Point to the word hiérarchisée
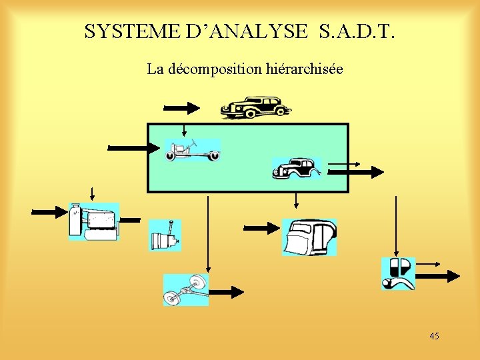pos(305,69)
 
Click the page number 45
pos(434,336)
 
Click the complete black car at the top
pos(255,107)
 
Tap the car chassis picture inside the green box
pos(193,151)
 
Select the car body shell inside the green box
pos(297,169)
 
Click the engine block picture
pos(94,221)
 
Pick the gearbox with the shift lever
pos(165,235)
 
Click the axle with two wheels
pos(186,289)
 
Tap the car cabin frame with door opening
pos(309,237)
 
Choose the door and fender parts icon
pos(398,273)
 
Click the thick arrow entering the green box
pos(130,147)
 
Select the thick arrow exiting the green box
pos(357,172)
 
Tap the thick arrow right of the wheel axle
pos(227,291)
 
